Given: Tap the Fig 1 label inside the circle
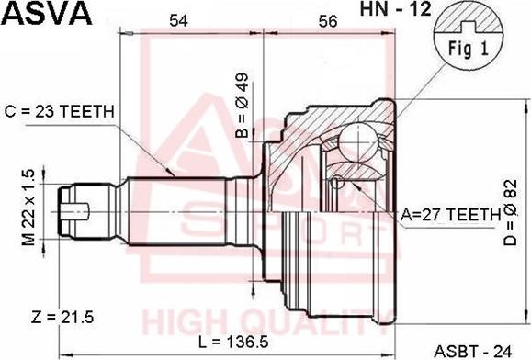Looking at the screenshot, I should pos(469,49).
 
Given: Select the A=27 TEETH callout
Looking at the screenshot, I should pos(449,213).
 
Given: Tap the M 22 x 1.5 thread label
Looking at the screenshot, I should pos(28,208).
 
